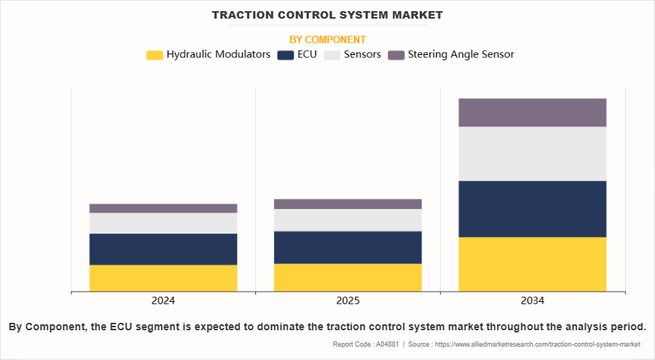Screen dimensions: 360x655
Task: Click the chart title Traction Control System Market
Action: (x=327, y=15)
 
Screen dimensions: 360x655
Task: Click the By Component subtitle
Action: (x=327, y=39)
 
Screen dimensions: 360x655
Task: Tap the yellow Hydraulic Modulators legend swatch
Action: (x=155, y=55)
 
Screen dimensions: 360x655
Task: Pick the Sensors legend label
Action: (x=363, y=54)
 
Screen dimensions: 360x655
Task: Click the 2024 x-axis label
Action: (x=163, y=301)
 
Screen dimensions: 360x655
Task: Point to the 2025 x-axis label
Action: (x=348, y=301)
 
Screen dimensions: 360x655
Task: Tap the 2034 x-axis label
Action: (x=532, y=301)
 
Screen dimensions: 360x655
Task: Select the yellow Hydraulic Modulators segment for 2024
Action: (x=163, y=277)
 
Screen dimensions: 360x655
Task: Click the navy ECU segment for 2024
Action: (x=163, y=249)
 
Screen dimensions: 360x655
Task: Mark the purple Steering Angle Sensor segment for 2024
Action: (x=163, y=208)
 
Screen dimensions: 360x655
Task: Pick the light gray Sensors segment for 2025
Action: (x=348, y=220)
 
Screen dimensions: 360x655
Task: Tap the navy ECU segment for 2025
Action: (x=348, y=247)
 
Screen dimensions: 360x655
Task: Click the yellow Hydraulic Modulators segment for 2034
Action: (x=532, y=264)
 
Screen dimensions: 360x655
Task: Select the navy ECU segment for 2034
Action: (x=532, y=209)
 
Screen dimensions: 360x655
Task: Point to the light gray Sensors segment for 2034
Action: (x=532, y=154)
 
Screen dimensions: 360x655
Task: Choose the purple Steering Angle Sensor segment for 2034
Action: (x=532, y=112)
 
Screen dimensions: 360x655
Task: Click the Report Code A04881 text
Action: (x=365, y=344)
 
